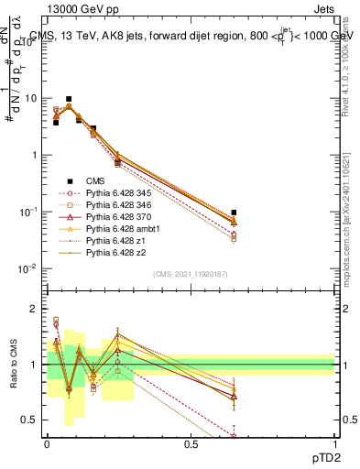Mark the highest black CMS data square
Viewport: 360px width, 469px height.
pos(69,99)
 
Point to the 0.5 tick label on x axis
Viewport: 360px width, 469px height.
pos(191,442)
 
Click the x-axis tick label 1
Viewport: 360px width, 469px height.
pos(335,442)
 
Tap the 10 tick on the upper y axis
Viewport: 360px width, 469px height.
pos(31,98)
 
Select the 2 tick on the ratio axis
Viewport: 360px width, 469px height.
pos(34,309)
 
